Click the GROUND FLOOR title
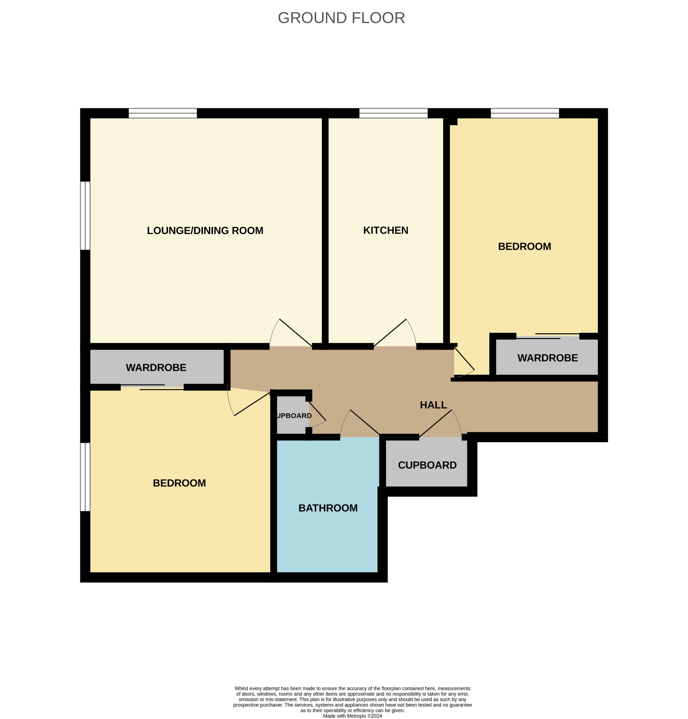341,18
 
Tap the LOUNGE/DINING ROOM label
205,231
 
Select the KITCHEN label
385,230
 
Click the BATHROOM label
328,508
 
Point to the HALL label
433,405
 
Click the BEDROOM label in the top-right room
524,246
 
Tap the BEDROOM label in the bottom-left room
179,483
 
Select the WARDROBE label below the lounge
156,367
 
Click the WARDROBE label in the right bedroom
548,358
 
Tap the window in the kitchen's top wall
393,113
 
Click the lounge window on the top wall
162,113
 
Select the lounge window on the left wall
85,215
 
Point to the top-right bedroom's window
525,113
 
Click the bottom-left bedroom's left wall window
85,477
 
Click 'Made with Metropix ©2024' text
352,716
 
